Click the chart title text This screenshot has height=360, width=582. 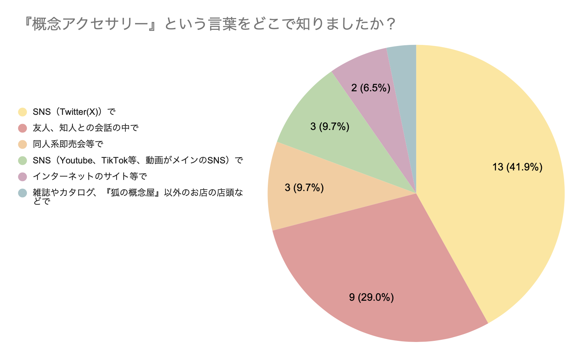pyautogui.click(x=209, y=24)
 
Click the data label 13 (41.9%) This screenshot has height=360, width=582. pyautogui.click(x=517, y=167)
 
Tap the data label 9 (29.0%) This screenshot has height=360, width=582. pyautogui.click(x=371, y=297)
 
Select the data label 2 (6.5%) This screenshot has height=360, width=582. pyautogui.click(x=370, y=88)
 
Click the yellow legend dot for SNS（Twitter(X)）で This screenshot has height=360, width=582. pyautogui.click(x=23, y=112)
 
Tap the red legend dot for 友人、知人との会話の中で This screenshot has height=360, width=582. pyautogui.click(x=23, y=128)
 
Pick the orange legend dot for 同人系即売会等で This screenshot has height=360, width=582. pyautogui.click(x=23, y=144)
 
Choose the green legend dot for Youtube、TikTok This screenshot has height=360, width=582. pyautogui.click(x=23, y=160)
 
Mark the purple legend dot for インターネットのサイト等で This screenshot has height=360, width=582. pyautogui.click(x=23, y=177)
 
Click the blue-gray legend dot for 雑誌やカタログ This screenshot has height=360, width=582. pyautogui.click(x=23, y=193)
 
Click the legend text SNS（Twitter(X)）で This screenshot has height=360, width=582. pyautogui.click(x=74, y=112)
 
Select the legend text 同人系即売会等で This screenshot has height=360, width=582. pyautogui.click(x=68, y=144)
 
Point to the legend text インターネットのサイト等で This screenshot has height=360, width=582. pyautogui.click(x=90, y=177)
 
